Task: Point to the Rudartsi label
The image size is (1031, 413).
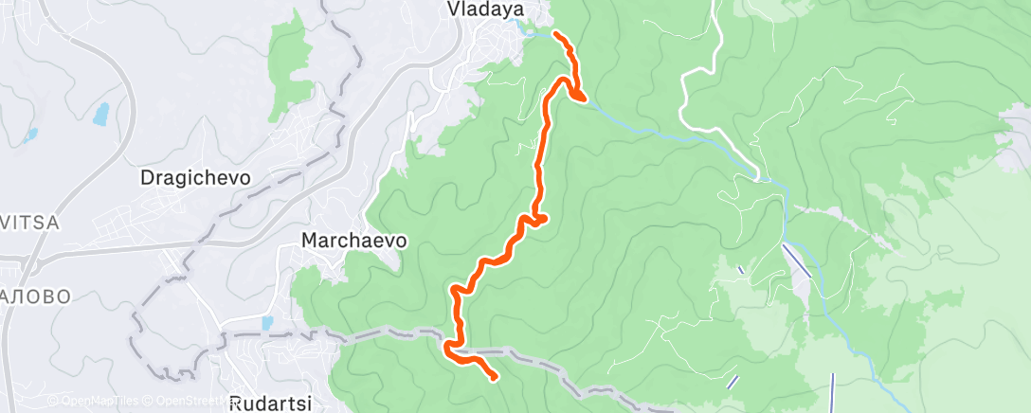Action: click(x=270, y=402)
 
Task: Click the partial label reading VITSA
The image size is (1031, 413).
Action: click(x=29, y=223)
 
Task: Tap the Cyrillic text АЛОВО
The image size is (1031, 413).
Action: click(x=35, y=296)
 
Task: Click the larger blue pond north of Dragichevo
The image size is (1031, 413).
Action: click(x=100, y=114)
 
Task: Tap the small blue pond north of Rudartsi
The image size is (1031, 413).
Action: click(x=266, y=323)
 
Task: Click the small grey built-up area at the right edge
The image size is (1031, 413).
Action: click(x=1017, y=128)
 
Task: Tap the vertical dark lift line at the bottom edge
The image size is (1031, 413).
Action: click(x=833, y=390)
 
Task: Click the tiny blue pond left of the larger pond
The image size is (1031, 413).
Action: click(x=31, y=135)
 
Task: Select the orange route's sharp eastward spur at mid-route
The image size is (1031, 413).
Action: click(x=542, y=220)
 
